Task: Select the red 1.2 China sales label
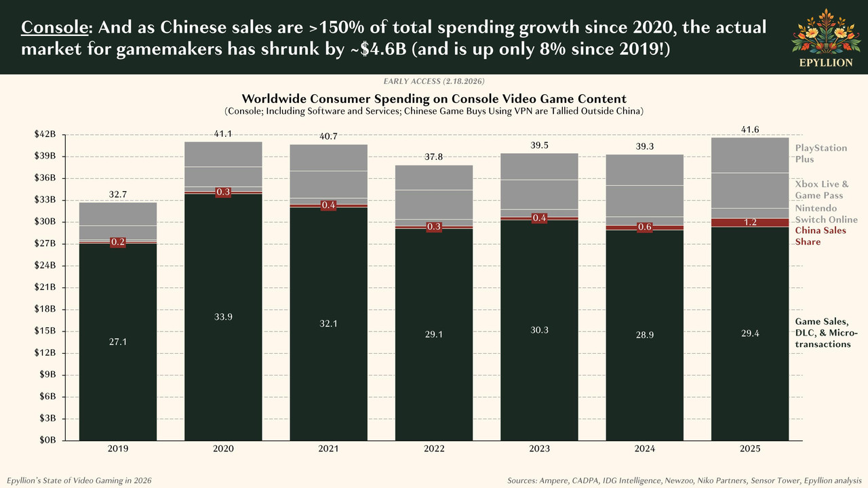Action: click(751, 222)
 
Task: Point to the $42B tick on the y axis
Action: click(52, 135)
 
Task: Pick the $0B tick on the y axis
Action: click(54, 440)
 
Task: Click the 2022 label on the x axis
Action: click(434, 449)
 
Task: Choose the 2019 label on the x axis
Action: click(118, 449)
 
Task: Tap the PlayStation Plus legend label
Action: click(821, 154)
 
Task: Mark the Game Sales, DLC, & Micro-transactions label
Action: click(822, 332)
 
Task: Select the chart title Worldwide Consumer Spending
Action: click(434, 98)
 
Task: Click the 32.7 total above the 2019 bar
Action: click(118, 195)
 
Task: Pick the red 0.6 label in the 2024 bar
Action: click(645, 227)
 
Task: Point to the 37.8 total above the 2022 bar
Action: click(434, 157)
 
